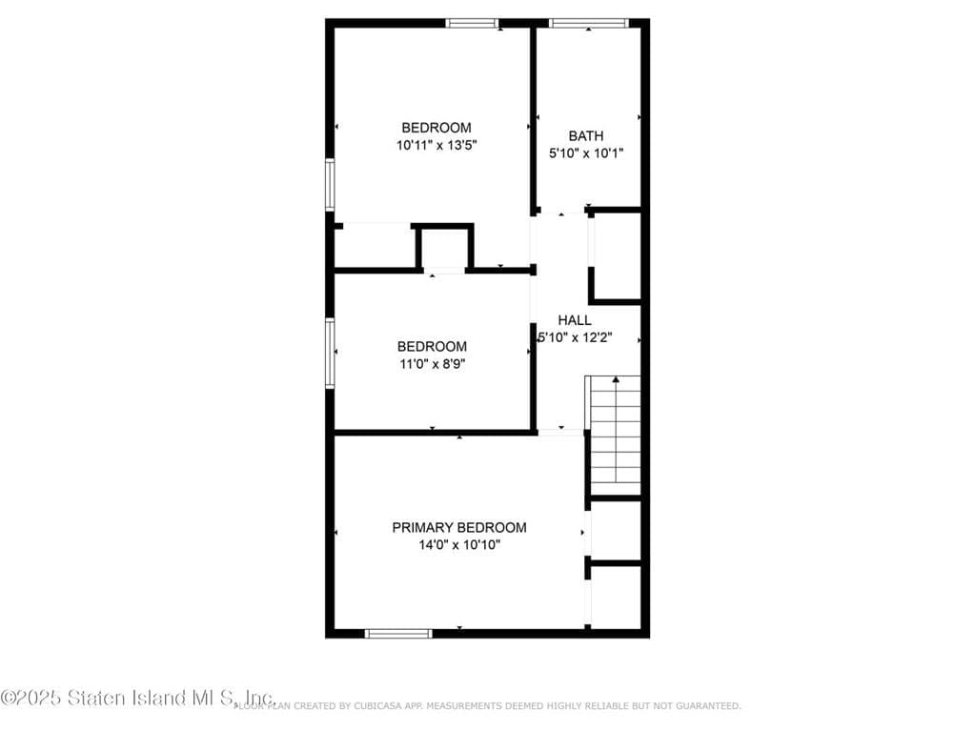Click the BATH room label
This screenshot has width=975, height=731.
(x=586, y=136)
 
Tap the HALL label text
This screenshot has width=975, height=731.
(x=575, y=320)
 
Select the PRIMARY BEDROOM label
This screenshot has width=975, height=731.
(x=459, y=527)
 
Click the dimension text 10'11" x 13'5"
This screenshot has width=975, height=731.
(x=437, y=146)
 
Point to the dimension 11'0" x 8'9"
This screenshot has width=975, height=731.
(x=432, y=363)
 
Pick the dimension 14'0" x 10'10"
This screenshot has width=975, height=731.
(x=459, y=545)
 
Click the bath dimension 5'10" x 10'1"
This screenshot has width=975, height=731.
(x=586, y=152)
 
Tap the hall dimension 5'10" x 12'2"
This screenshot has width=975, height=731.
(x=576, y=336)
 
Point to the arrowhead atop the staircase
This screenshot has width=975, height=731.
(x=616, y=380)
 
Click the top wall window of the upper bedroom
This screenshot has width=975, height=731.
(x=473, y=23)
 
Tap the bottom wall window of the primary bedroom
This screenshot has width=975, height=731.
(x=398, y=633)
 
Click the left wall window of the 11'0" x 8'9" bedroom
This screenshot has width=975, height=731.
(x=330, y=353)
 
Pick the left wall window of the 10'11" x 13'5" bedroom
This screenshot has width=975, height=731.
(x=330, y=184)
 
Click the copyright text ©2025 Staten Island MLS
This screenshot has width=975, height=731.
(x=138, y=698)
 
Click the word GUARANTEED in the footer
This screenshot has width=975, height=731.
(x=708, y=706)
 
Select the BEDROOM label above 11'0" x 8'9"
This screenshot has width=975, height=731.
(x=432, y=347)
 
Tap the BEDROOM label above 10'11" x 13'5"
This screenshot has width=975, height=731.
(x=437, y=128)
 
